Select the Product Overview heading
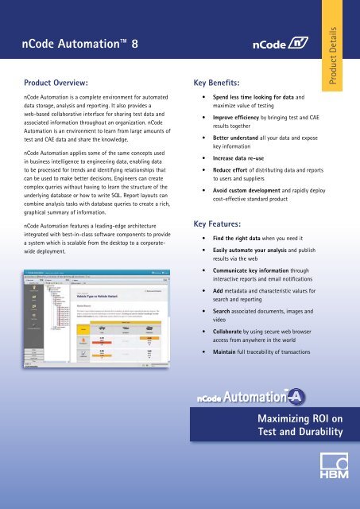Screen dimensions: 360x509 pos(56,82)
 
